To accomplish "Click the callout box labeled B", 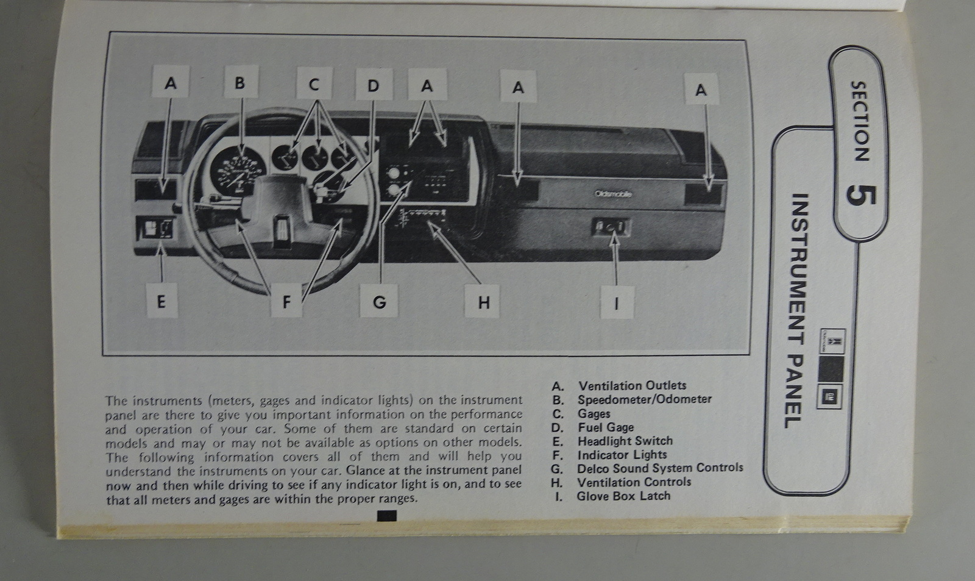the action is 241,82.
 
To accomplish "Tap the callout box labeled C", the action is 314,83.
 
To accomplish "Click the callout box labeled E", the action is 162,301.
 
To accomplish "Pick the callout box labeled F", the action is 286,301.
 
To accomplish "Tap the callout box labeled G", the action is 379,301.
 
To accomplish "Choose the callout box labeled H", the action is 482,301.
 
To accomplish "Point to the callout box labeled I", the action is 617,303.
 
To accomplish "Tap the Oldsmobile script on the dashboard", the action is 613,194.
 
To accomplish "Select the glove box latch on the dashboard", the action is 611,227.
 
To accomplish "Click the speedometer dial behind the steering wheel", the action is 238,170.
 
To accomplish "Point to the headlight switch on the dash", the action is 155,228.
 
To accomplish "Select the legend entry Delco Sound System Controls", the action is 647,469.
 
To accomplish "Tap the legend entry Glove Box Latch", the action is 612,496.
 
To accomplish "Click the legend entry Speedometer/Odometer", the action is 631,399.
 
